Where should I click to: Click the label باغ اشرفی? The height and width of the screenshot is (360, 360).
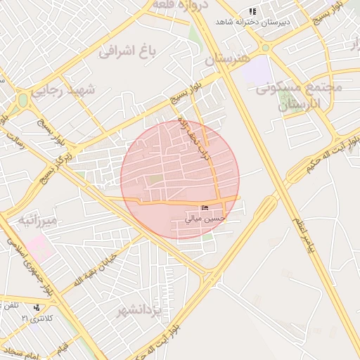point(127,51)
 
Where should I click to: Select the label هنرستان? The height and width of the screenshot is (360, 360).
point(227,59)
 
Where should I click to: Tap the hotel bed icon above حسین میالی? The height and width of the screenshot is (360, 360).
point(205,207)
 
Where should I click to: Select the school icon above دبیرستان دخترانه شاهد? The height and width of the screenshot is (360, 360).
point(252,12)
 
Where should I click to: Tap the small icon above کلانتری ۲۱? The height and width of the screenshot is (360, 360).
point(36,307)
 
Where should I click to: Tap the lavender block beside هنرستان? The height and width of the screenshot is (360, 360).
point(259,68)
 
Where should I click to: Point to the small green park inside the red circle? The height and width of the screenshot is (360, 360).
point(156,180)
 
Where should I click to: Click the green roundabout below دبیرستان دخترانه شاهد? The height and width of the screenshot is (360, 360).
point(266,48)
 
